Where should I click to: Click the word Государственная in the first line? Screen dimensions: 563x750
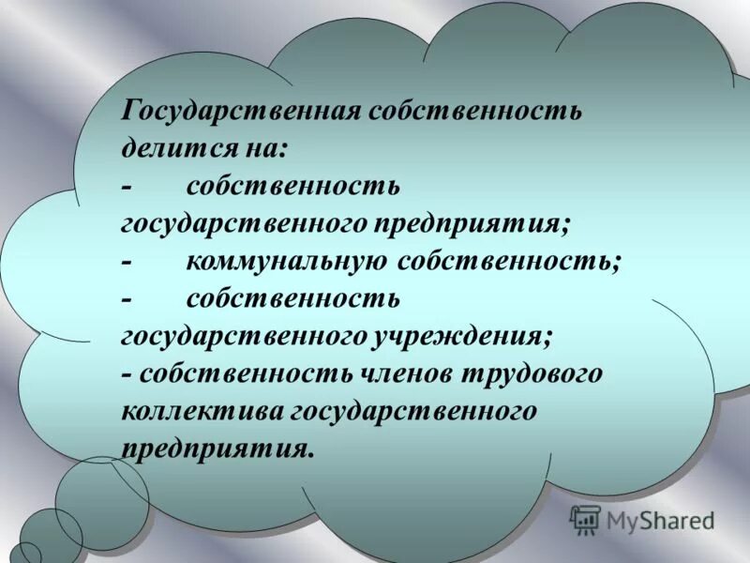[241, 112]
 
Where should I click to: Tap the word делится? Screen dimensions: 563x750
[170, 148]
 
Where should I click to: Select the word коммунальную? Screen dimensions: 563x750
[287, 261]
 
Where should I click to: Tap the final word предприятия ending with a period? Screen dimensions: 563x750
[215, 447]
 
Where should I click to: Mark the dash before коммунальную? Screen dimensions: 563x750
[127, 261]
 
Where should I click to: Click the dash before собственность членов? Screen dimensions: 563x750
[127, 373]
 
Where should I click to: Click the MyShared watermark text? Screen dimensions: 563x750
[660, 520]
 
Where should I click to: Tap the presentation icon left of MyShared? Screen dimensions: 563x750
[585, 519]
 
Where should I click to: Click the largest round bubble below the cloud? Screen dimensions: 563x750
[101, 502]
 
